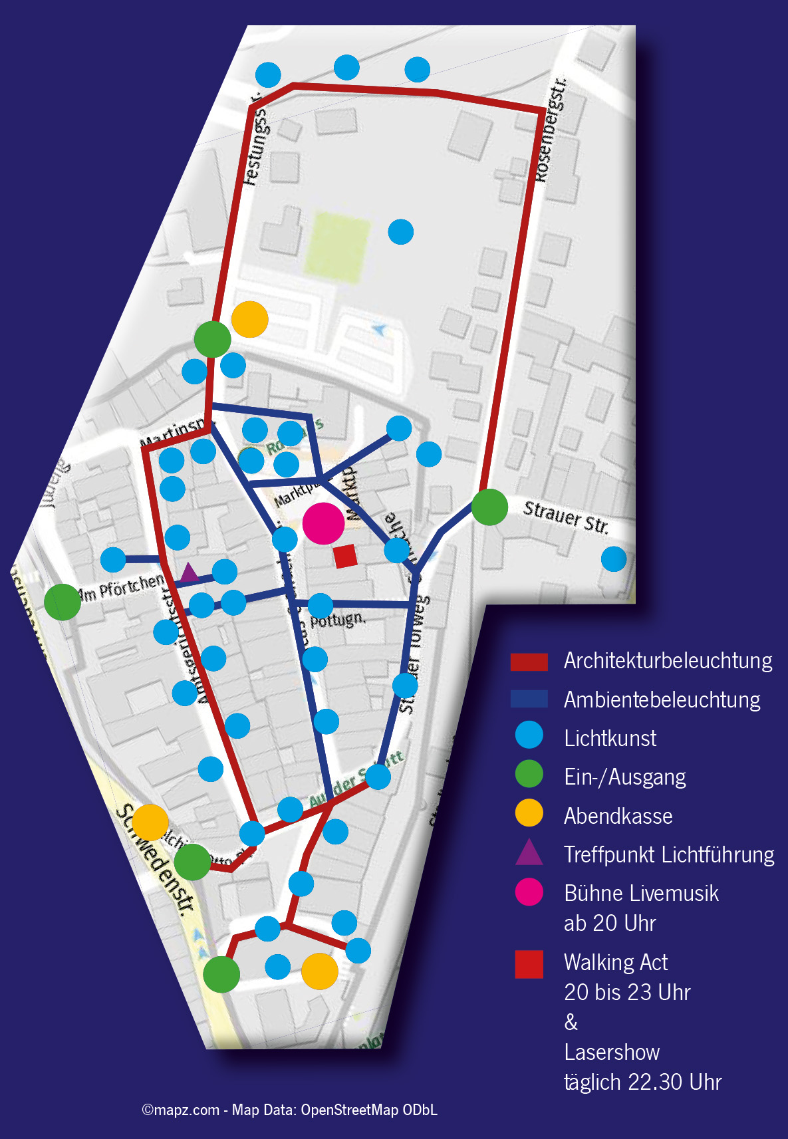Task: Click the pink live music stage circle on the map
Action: [323, 523]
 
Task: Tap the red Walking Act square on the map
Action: [345, 556]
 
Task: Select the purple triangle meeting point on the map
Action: [190, 572]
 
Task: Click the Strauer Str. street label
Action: [566, 517]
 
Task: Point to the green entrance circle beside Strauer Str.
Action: [490, 507]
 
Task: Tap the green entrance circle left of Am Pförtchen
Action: [63, 602]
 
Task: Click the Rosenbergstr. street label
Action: [551, 130]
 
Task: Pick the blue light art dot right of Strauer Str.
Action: [614, 559]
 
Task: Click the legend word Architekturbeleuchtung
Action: [668, 661]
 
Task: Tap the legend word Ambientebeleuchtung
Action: [662, 699]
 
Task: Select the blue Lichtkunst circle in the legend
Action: [529, 736]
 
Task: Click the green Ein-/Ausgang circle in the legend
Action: [529, 775]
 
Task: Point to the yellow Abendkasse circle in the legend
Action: [529, 813]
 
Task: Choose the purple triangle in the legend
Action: [529, 853]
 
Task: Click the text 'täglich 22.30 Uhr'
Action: [642, 1082]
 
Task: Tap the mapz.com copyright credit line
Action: [289, 1110]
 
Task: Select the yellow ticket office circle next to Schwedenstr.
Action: [150, 822]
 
